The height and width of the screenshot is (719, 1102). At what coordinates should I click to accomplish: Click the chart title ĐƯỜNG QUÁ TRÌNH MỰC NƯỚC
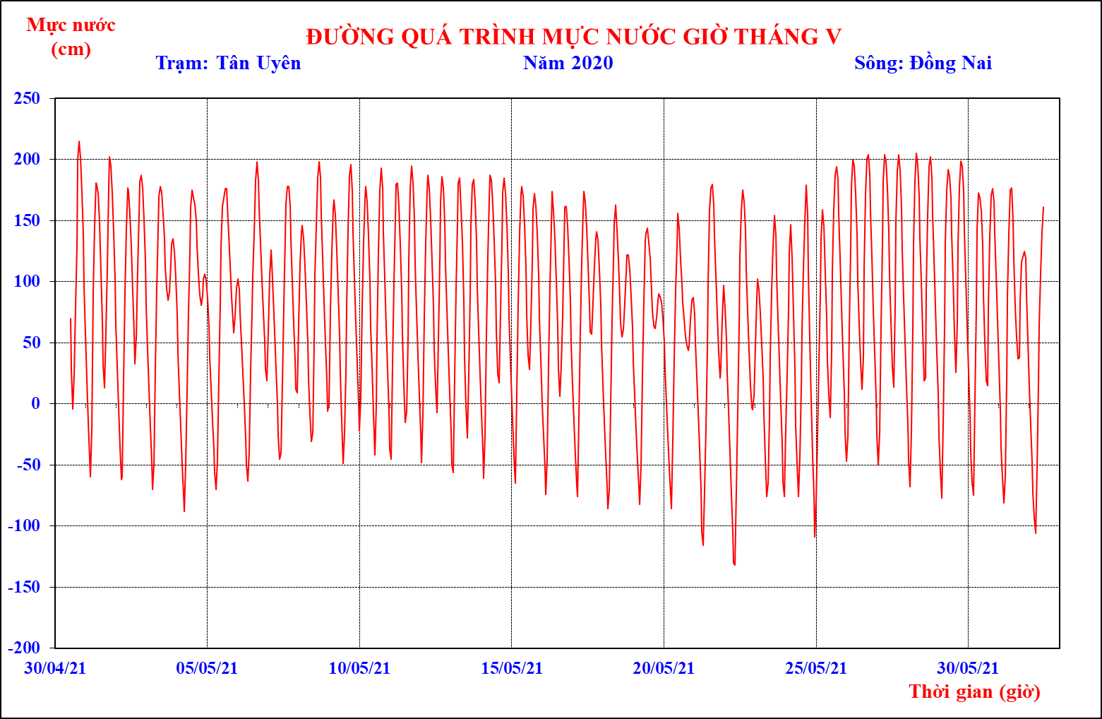click(x=573, y=37)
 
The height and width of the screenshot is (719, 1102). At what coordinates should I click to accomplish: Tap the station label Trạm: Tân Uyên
click(x=228, y=63)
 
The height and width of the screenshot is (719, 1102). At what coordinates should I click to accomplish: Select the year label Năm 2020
click(x=568, y=63)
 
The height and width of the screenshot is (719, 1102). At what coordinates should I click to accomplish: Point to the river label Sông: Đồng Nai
click(x=923, y=63)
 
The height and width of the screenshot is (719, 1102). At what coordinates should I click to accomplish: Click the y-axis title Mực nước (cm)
click(x=71, y=37)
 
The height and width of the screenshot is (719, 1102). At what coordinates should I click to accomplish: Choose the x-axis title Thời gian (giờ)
click(x=974, y=691)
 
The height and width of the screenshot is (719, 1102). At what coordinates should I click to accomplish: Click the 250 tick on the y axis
click(x=27, y=97)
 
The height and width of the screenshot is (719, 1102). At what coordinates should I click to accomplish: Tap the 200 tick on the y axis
click(x=27, y=159)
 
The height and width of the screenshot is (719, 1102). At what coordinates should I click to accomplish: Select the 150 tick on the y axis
click(x=27, y=220)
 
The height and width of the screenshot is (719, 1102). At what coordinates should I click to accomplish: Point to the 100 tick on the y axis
click(x=27, y=281)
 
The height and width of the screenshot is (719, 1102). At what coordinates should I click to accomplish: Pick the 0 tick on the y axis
click(x=35, y=403)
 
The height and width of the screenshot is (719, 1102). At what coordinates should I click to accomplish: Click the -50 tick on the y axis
click(x=28, y=465)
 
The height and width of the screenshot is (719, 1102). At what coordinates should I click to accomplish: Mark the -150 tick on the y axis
click(x=24, y=587)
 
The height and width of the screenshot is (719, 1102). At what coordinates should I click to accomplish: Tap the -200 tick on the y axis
click(x=24, y=648)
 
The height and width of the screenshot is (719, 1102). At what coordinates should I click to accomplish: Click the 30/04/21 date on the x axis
click(x=55, y=667)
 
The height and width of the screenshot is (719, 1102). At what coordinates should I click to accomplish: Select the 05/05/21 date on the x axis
click(x=207, y=667)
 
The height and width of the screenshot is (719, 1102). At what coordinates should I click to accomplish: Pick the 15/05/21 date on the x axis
click(x=512, y=667)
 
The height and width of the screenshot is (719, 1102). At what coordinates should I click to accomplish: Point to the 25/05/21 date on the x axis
click(x=816, y=667)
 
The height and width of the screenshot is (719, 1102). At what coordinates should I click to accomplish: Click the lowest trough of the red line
click(x=735, y=564)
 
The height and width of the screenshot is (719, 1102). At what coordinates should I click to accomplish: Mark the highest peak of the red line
click(x=79, y=142)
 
